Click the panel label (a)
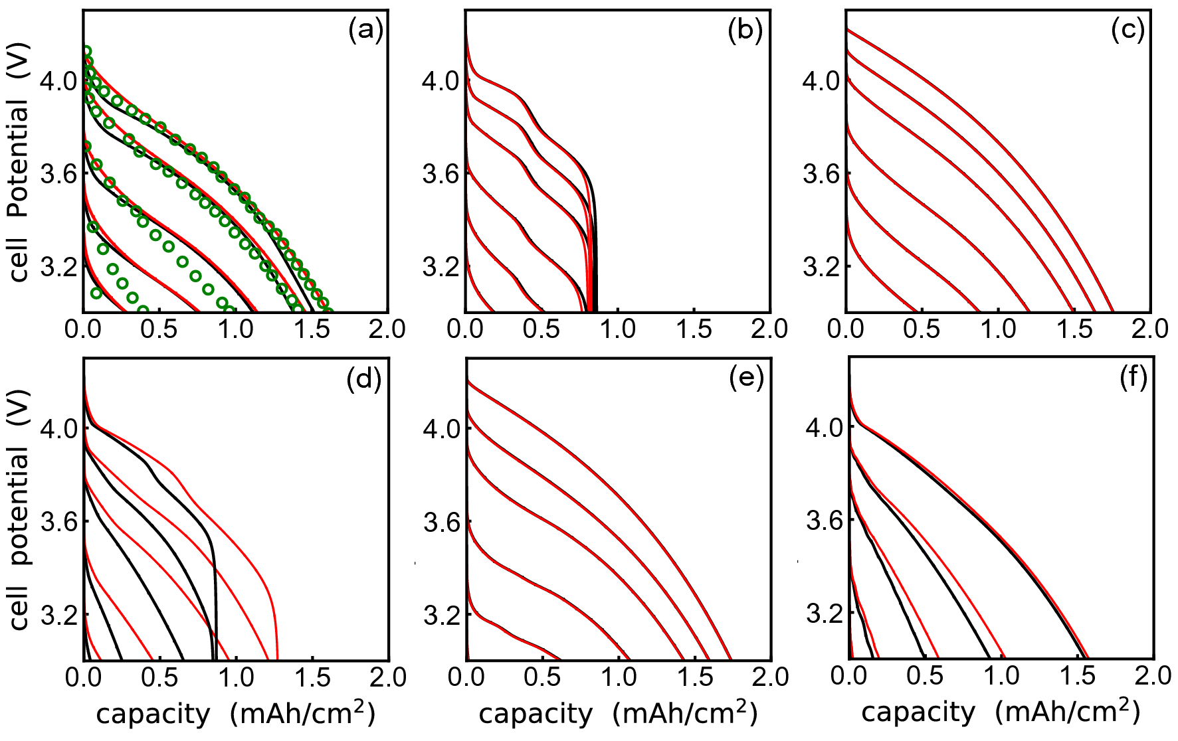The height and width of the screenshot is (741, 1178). [x=365, y=31]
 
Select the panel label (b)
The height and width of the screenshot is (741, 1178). [x=745, y=31]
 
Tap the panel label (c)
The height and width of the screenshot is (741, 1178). [x=1128, y=31]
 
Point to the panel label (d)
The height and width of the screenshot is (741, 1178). [x=364, y=379]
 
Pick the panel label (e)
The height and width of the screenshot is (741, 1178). [x=746, y=379]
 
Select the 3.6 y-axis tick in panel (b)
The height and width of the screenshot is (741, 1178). [x=441, y=175]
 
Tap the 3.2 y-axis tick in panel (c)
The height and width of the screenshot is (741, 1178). [x=821, y=267]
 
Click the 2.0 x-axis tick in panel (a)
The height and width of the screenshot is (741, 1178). [x=387, y=329]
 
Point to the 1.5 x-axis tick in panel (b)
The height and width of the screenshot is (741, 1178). [x=694, y=329]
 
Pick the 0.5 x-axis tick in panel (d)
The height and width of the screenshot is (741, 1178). [x=159, y=678]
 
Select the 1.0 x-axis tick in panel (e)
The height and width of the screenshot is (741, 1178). [x=619, y=678]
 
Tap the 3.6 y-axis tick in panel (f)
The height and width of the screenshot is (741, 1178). [x=825, y=521]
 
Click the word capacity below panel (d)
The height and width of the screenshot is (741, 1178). [x=153, y=715]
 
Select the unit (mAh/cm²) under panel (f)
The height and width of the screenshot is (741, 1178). [x=1068, y=712]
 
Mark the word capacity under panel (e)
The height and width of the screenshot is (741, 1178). [x=536, y=715]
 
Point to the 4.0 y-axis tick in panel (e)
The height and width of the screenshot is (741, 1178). [x=441, y=429]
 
